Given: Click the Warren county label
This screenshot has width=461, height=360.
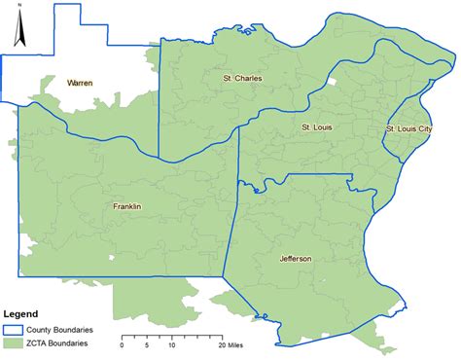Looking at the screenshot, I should coord(80,84).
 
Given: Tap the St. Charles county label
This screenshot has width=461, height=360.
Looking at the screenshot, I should coord(242,78).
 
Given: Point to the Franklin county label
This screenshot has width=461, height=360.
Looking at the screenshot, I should coord(127,206).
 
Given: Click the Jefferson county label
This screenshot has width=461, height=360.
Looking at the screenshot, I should coord(296,258).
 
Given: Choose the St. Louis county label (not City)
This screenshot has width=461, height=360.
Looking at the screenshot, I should coord(318,127).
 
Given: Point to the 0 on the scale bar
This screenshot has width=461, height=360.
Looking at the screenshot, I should coord(123,344).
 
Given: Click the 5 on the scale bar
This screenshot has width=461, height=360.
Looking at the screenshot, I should coord(147,344).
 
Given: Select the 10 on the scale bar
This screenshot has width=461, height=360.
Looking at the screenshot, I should coord(172,344).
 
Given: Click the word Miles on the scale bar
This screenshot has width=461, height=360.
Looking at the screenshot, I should coord(238,344).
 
